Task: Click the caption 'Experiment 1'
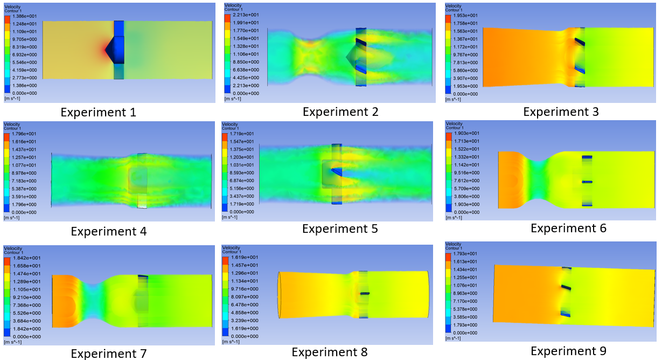point(98,113)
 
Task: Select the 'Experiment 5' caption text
point(340,229)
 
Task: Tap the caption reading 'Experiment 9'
point(568,351)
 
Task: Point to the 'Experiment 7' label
point(108,354)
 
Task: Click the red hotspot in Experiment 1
point(106,50)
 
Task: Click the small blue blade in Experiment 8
point(365,293)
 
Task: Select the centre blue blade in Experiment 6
point(587,182)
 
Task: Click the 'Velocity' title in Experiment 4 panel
point(12,123)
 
